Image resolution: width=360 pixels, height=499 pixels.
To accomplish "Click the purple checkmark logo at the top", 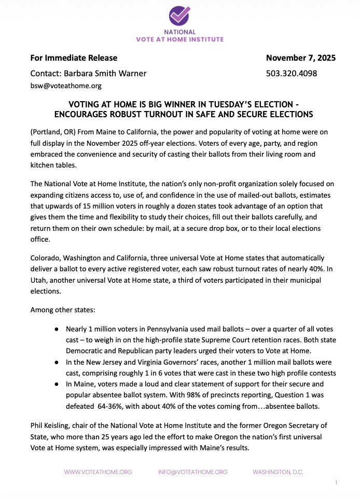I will point(179,16).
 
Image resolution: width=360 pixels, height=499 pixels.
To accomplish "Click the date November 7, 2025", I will point(300,58).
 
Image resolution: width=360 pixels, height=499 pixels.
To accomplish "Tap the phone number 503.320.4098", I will point(291,73).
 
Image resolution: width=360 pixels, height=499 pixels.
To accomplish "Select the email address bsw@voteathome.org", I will point(66,86).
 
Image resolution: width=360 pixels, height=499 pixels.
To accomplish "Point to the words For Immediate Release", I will point(74,58).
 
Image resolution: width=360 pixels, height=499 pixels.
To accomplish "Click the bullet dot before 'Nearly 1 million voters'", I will point(56,329).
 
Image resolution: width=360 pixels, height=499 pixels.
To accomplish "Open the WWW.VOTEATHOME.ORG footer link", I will point(98,472).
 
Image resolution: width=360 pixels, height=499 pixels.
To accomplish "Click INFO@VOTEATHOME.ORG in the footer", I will point(192,472).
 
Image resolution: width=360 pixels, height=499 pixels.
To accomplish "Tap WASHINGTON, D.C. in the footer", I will point(278,472).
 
